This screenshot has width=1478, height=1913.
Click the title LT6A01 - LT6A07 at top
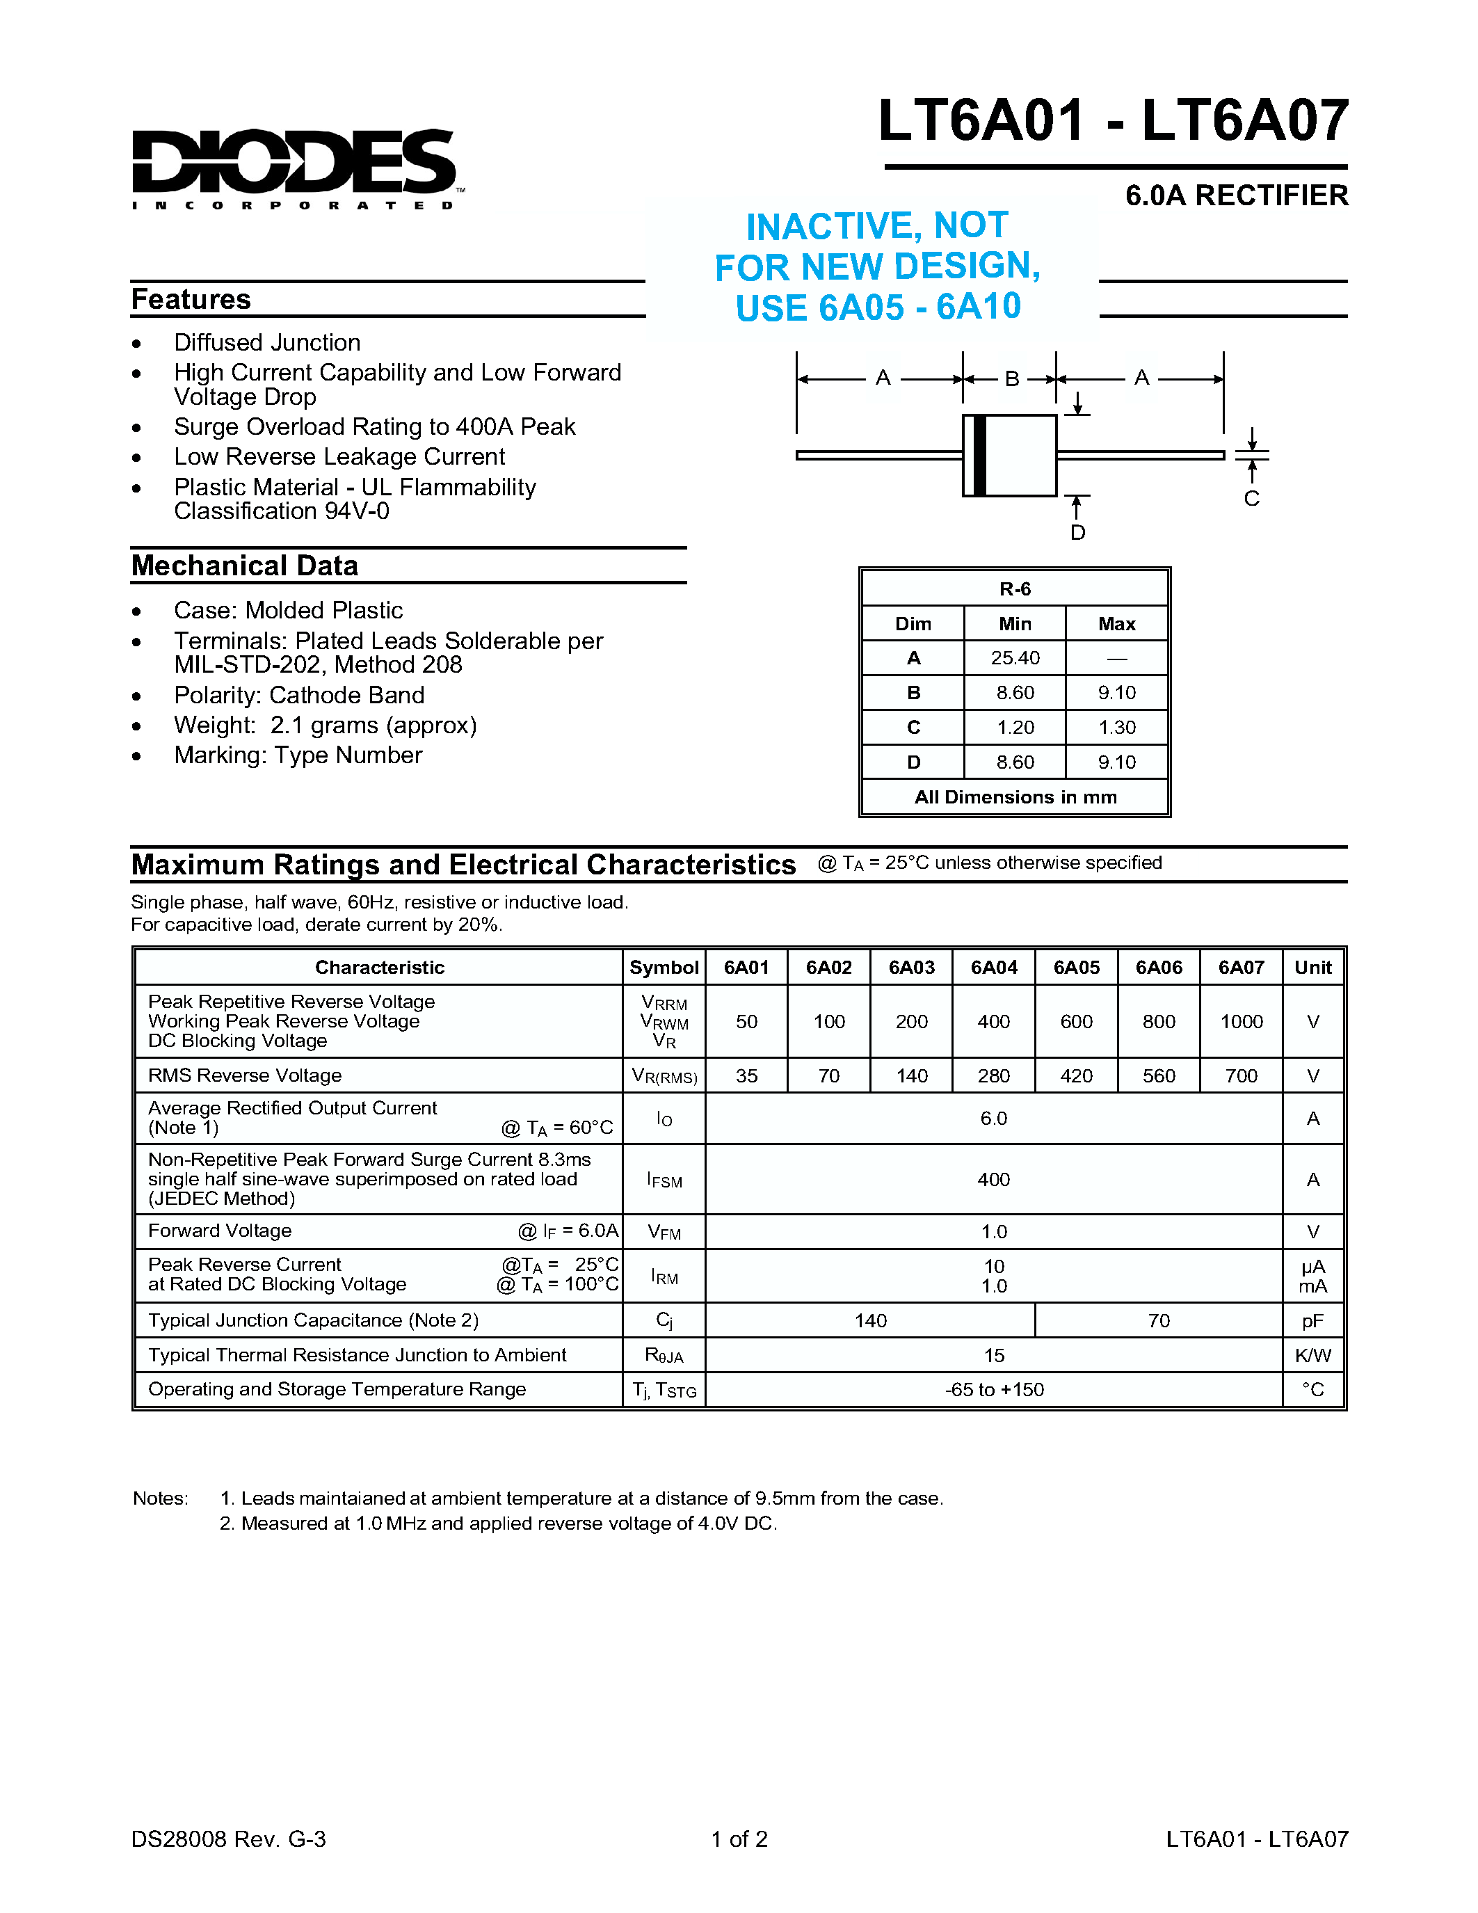(x=1113, y=121)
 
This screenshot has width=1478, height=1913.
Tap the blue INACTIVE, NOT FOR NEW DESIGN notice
(x=876, y=266)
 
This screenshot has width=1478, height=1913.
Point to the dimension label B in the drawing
(x=1011, y=379)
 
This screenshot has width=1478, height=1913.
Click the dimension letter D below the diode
(x=1078, y=533)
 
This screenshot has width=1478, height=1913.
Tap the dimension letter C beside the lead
(x=1251, y=498)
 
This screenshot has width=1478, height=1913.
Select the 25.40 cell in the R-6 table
(x=1015, y=658)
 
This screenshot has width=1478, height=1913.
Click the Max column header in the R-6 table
(x=1116, y=624)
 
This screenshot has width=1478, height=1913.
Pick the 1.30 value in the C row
(x=1116, y=727)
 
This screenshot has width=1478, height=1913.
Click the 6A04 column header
(x=994, y=967)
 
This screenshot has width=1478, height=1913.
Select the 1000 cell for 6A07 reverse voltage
(x=1241, y=1021)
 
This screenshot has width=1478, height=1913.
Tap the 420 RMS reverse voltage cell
(x=1076, y=1075)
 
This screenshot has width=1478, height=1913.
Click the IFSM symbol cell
(x=664, y=1180)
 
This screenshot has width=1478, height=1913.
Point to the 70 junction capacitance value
(x=1159, y=1320)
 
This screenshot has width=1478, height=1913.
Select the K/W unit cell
(x=1312, y=1355)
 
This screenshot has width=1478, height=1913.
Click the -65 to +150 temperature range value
(x=994, y=1389)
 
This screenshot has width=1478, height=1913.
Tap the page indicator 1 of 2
(x=739, y=1839)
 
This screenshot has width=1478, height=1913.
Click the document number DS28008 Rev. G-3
(x=229, y=1839)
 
